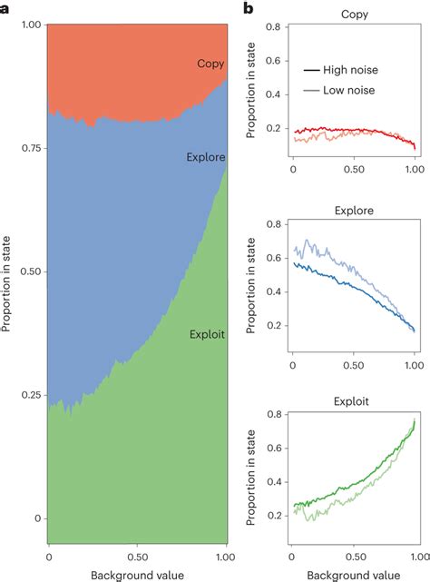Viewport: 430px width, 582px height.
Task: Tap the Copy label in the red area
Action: (210, 64)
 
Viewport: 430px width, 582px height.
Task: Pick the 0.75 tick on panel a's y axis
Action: (27, 148)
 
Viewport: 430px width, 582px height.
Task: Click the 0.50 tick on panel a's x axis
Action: (137, 557)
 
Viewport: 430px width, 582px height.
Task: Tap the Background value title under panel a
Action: (137, 574)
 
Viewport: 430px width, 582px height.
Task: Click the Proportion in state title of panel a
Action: (7, 272)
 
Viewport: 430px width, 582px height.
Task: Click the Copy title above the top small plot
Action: (354, 15)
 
